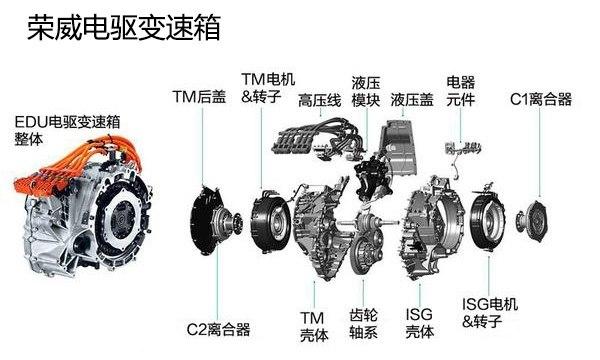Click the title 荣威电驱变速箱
tap(124, 28)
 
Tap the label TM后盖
tap(199, 97)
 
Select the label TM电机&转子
tap(268, 88)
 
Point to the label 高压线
tap(320, 101)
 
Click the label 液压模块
tap(366, 91)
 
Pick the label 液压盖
tap(412, 100)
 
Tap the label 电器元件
tap(461, 91)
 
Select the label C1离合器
tap(541, 99)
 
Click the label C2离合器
tap(218, 329)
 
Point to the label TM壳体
tap(314, 326)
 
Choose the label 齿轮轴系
tap(364, 324)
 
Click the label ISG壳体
tap(420, 324)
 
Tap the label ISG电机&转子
tap(490, 313)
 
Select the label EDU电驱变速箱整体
tap(67, 130)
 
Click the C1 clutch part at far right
tap(532, 221)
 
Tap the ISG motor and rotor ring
tap(488, 221)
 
